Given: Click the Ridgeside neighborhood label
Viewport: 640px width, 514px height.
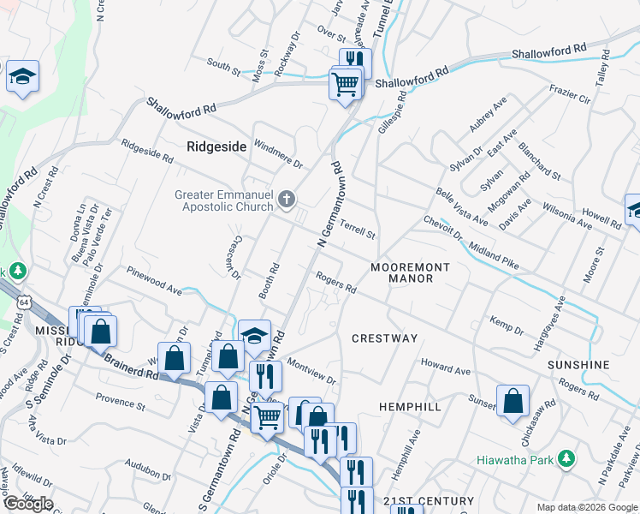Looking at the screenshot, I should (216, 147).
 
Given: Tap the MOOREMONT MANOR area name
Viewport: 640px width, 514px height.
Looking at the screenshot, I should (410, 272).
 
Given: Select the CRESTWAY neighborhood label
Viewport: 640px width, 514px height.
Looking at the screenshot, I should (385, 338).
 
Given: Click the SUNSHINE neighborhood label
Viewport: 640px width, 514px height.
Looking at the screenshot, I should (579, 365).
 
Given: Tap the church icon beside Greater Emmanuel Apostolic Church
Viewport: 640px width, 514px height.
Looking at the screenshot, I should (287, 200).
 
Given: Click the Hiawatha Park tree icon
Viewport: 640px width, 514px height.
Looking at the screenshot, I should (565, 460).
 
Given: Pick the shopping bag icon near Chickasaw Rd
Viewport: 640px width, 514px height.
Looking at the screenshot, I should (513, 401).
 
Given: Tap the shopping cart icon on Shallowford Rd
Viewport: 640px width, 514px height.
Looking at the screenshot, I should (346, 85).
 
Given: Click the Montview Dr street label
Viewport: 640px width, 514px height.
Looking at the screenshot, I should (311, 371).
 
